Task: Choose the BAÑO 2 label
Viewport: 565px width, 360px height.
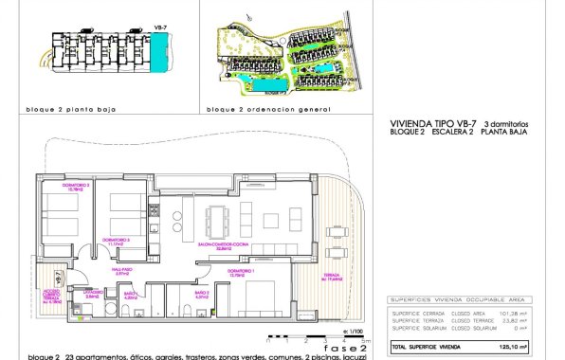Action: pos(201,295)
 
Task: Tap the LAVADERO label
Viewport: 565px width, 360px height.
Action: pos(92,296)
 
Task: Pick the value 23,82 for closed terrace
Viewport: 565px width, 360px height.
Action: pos(519,320)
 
